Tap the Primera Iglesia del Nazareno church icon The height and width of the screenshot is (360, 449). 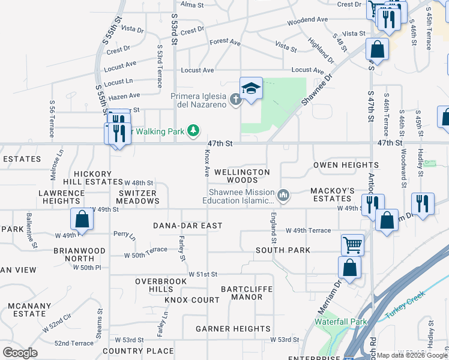(236, 99)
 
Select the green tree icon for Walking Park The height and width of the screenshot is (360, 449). (193, 130)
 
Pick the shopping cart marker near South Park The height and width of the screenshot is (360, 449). (352, 244)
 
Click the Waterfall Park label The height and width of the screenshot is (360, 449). (341, 322)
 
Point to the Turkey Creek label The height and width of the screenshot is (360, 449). (405, 305)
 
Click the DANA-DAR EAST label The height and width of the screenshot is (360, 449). (187, 226)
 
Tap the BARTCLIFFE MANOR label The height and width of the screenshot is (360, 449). (246, 293)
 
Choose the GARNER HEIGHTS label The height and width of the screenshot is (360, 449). (233, 329)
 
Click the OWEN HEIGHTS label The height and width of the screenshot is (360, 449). (346, 165)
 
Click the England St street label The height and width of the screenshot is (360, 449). (273, 228)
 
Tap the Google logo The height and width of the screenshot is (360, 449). (20, 352)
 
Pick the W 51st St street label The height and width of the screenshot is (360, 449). (202, 274)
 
